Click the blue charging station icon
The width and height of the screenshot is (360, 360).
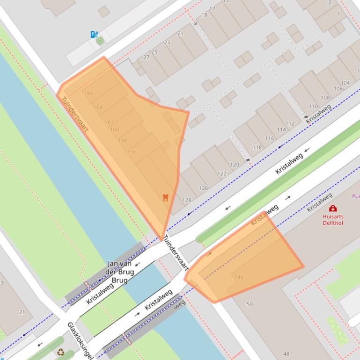coord(94,34)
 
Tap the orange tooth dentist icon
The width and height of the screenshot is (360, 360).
coord(165,197)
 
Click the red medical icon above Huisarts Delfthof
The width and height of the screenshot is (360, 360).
coord(333,209)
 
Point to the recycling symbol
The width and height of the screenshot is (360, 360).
coord(61,352)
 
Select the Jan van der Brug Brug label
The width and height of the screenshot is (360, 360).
coord(121,272)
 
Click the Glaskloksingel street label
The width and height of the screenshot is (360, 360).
coord(80,340)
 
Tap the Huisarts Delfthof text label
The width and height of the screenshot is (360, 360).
coord(333,219)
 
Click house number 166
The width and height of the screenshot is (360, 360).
coord(88,94)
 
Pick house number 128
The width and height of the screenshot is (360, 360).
coord(187,200)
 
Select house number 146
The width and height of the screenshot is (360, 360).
coord(239,277)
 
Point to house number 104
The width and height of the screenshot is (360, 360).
coord(345,83)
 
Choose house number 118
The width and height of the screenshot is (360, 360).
coord(257,147)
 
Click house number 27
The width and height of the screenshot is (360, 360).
coord(146,57)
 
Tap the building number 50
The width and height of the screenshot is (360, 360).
coord(250,304)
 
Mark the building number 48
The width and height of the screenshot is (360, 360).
coord(287,354)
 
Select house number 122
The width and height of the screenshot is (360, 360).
coord(221,173)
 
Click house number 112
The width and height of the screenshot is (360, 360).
coord(290,124)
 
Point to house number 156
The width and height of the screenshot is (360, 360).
coord(132,151)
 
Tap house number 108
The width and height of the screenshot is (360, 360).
coord(325,98)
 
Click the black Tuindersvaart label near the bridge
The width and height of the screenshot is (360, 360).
coord(176,255)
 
